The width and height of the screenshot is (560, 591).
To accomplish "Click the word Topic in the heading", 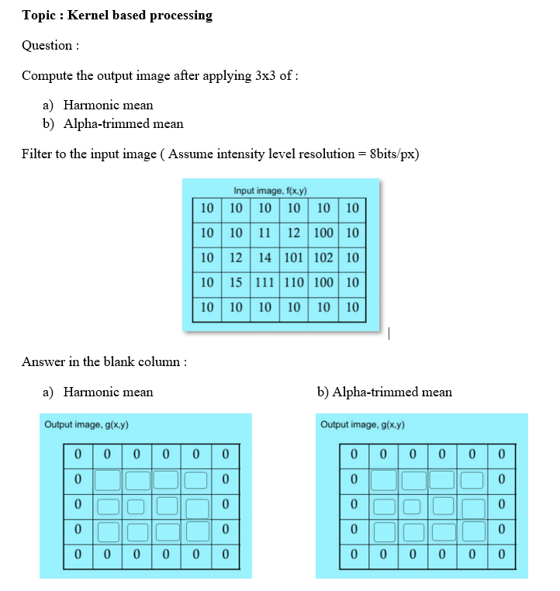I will [x=37, y=16].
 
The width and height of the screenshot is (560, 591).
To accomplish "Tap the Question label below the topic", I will [x=49, y=45].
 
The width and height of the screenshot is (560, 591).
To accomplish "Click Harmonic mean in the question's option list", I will [x=108, y=105].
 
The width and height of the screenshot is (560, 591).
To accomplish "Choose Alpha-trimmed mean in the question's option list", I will [x=123, y=123].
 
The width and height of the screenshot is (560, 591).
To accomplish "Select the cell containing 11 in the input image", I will [x=264, y=233].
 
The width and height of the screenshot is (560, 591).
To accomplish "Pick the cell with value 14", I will [x=264, y=257].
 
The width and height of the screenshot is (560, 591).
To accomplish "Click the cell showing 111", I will [x=264, y=282].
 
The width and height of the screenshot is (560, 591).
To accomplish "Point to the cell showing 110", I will [x=294, y=282].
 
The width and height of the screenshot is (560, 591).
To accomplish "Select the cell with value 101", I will [x=294, y=257].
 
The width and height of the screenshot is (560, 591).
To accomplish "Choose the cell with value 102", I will [x=323, y=257].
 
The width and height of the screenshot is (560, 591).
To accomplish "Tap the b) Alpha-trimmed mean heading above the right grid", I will [x=385, y=392].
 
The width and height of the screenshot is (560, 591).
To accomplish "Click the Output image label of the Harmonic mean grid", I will [x=86, y=425].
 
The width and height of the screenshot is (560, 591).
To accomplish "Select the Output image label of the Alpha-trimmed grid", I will [x=362, y=425].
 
